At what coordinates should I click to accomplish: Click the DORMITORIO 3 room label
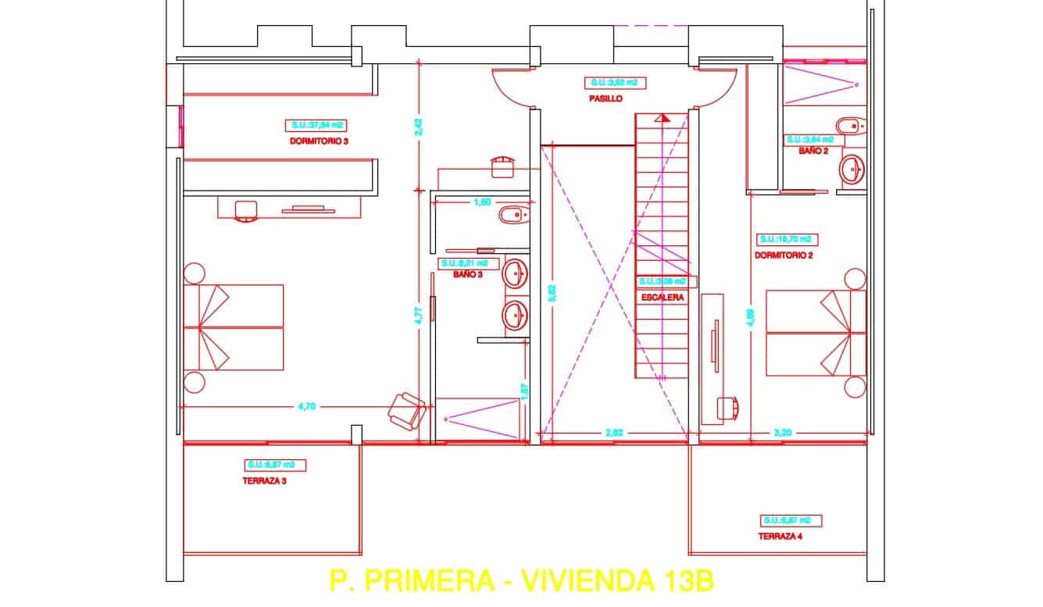(x=318, y=141)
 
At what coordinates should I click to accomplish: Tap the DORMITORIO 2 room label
(x=784, y=255)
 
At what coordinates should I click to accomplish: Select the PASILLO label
(x=605, y=99)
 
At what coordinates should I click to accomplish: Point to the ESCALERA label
(x=663, y=298)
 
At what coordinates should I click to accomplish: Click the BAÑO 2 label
(x=813, y=151)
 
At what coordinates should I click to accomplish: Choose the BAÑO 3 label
(x=466, y=274)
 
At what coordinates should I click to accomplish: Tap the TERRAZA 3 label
(x=264, y=481)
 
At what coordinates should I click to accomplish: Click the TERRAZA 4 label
(x=780, y=537)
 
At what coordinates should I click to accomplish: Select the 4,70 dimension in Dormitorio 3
(x=306, y=406)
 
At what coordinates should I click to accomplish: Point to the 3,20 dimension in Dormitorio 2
(x=783, y=431)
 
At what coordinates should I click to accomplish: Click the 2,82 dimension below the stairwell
(x=615, y=431)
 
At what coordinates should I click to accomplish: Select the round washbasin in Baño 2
(x=852, y=169)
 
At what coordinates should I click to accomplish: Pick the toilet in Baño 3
(x=513, y=215)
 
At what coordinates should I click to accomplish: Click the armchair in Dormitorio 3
(x=407, y=409)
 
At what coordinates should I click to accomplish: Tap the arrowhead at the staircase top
(x=663, y=118)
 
